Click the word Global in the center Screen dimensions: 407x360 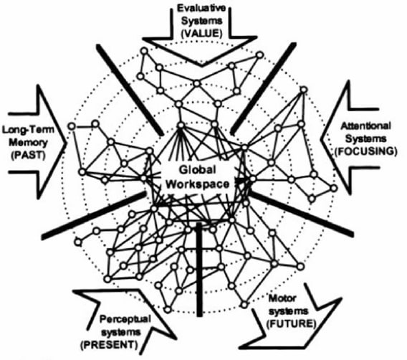[x=198, y=170]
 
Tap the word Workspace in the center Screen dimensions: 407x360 [x=198, y=184]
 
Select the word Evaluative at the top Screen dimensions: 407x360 [x=201, y=8]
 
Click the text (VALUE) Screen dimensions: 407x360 [x=201, y=34]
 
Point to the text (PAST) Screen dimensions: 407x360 [x=28, y=155]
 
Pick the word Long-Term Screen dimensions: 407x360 [x=28, y=129]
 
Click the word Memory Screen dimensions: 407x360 [x=28, y=143]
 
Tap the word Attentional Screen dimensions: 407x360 [x=365, y=126]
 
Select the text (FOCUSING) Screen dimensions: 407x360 [x=366, y=151]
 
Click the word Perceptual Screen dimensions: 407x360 [x=125, y=319]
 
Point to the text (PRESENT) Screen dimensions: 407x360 [x=109, y=345]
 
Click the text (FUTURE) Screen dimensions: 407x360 [x=292, y=323]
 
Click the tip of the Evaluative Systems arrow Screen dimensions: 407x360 [x=202, y=66]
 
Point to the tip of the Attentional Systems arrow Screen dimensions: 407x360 [x=321, y=138]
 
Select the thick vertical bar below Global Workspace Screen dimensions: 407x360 [x=199, y=270]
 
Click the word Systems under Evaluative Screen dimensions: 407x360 [x=201, y=21]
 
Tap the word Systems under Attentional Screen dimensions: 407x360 [x=365, y=138]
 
